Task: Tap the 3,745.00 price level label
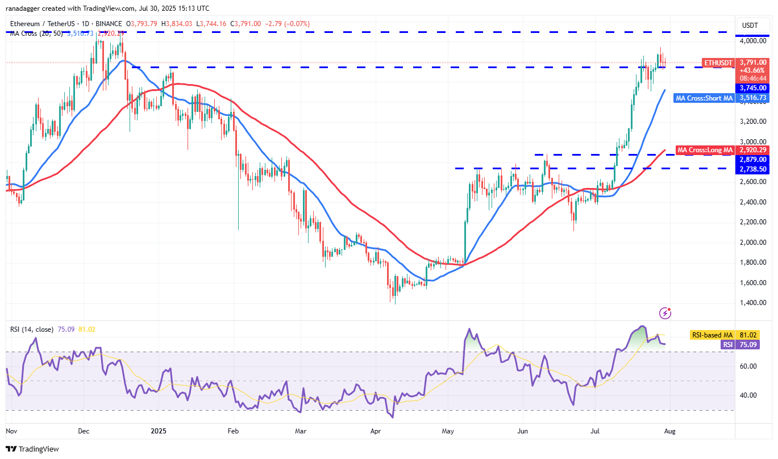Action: [x=753, y=88]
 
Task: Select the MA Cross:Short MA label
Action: [x=704, y=98]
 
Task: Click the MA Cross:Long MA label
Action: [x=705, y=150]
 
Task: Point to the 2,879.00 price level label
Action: [x=753, y=160]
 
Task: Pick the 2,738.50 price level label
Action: [x=753, y=169]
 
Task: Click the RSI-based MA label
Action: [x=713, y=335]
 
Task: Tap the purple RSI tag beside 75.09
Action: [x=727, y=344]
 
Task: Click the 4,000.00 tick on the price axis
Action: [x=753, y=41]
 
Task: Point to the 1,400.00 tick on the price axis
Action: [x=753, y=303]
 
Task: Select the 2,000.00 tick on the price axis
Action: [x=753, y=242]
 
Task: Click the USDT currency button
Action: [x=751, y=26]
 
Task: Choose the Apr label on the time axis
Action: [x=376, y=431]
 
